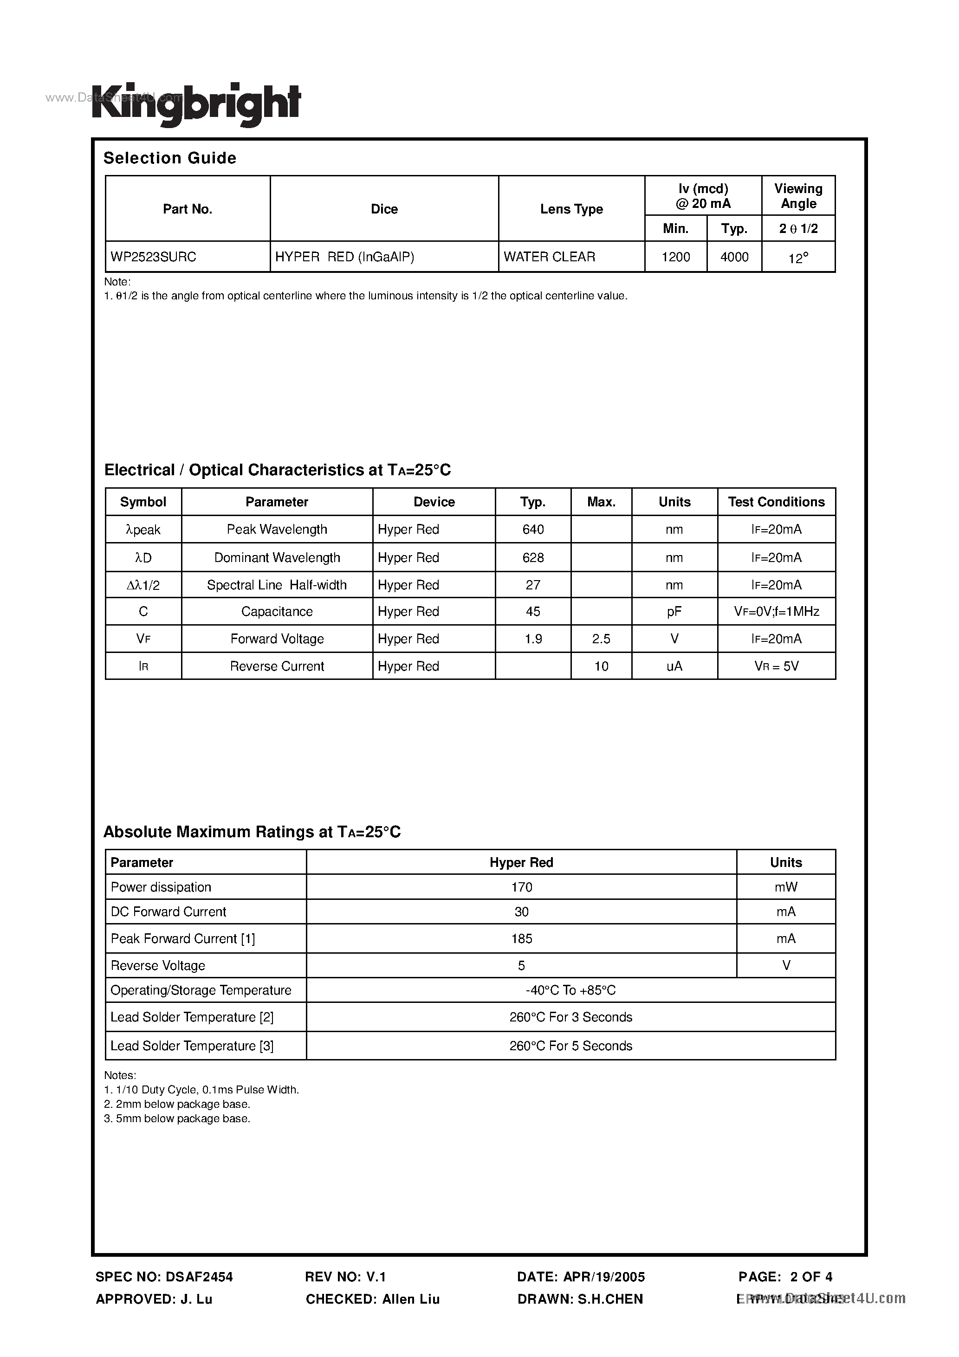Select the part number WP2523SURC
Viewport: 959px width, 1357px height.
(x=154, y=257)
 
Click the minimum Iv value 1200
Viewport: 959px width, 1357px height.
(x=676, y=257)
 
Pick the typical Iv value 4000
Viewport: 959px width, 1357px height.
(x=734, y=257)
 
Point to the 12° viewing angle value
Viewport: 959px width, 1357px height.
(x=798, y=258)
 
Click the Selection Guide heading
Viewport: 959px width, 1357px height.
(x=170, y=158)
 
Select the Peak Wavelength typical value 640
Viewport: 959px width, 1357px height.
(x=533, y=530)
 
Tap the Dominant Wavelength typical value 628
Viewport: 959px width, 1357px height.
(x=533, y=557)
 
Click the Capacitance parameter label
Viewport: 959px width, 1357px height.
(x=277, y=612)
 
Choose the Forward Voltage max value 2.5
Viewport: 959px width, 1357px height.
(x=601, y=639)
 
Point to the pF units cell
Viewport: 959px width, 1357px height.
(x=674, y=612)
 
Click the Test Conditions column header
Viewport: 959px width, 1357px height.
(x=776, y=502)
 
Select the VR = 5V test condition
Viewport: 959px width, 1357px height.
(x=776, y=666)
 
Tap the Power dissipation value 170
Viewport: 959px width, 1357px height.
(x=521, y=887)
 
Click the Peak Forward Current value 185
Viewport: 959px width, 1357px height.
(x=521, y=938)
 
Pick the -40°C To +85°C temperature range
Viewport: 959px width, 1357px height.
(x=570, y=990)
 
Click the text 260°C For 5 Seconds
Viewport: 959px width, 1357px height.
(x=570, y=1046)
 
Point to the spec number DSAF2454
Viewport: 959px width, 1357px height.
(x=199, y=1277)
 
